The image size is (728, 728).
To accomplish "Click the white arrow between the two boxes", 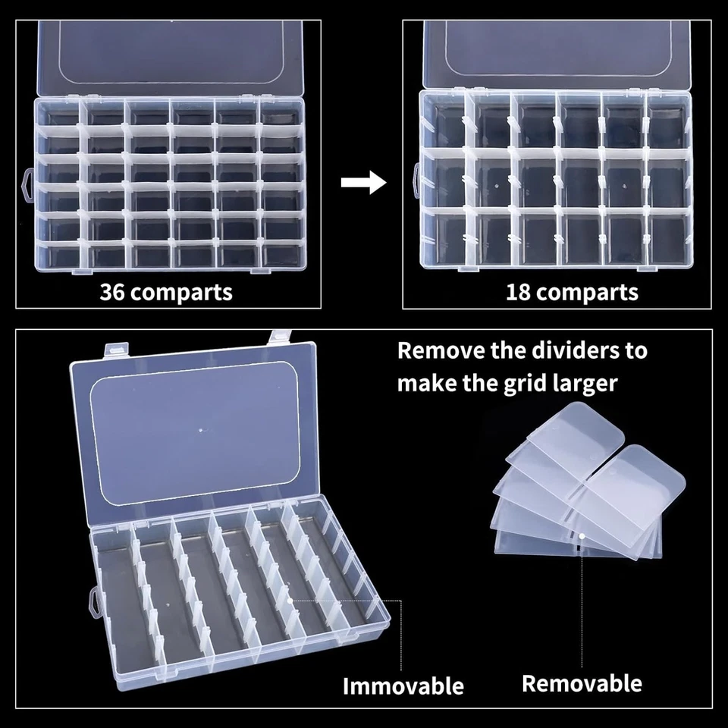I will click(x=363, y=183).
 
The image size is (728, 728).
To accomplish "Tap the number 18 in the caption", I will click(x=520, y=292).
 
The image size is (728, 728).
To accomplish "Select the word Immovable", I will click(x=403, y=686).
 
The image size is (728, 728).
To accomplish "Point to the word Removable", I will click(x=582, y=683).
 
